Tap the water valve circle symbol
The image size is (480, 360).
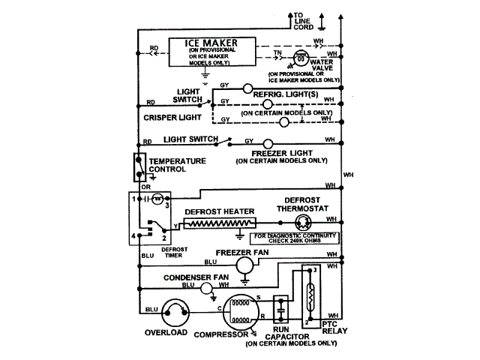pos(300,58)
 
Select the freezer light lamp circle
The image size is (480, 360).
pos(267,143)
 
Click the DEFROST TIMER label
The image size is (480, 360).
pos(174,251)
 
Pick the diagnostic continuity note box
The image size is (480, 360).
pos(296,239)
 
